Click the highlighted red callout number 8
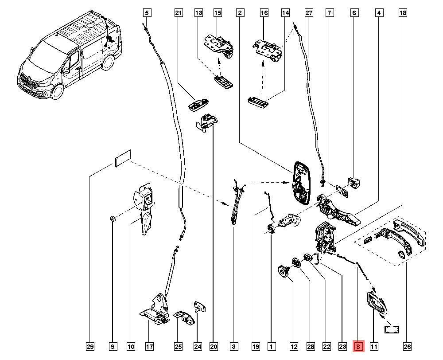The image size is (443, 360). (x=358, y=346)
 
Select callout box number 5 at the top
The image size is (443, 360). (x=147, y=13)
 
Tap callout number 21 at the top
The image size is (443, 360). (x=179, y=13)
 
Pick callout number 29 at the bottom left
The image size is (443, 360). (x=89, y=346)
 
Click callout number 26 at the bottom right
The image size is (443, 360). (x=407, y=346)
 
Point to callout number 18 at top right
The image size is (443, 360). (x=402, y=13)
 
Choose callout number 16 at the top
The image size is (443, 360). (x=264, y=13)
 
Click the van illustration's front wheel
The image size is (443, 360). (x=57, y=92)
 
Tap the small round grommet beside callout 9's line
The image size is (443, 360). (x=113, y=218)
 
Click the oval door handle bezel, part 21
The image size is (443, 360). (x=198, y=105)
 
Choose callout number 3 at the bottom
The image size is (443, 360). (x=234, y=346)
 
